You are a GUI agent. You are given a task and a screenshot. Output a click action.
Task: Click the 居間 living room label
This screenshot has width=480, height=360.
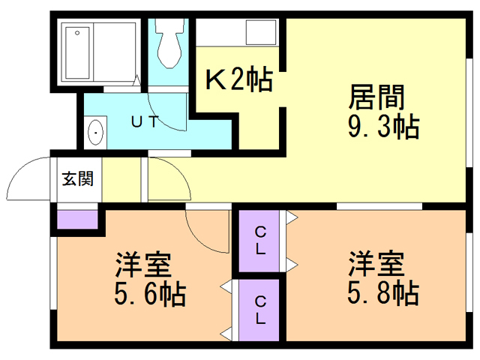coord(376,96)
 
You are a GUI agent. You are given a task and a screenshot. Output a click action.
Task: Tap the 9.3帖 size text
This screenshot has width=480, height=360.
coord(382,125)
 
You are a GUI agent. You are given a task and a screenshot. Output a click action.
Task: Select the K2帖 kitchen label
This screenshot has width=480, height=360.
coord(238,79)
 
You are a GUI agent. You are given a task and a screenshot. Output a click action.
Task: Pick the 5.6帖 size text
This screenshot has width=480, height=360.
coord(150,294)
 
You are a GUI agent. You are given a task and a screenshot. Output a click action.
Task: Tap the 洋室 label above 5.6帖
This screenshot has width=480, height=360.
coord(143,265)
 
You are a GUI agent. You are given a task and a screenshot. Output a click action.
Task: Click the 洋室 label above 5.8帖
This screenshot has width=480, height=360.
coord(376,264)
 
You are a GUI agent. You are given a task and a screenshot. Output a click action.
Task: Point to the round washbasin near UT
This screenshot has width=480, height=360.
coord(96,133)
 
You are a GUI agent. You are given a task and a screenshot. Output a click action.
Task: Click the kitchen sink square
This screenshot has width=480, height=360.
coord(262,33)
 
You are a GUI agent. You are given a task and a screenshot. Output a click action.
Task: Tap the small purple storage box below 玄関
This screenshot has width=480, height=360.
coord(78,220)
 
